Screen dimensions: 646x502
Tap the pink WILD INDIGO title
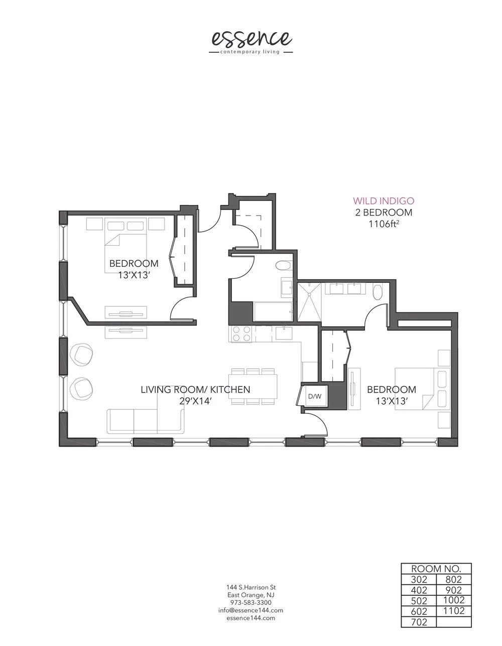click(x=384, y=201)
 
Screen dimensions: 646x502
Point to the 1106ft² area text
click(x=384, y=224)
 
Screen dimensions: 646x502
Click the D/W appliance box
click(x=315, y=396)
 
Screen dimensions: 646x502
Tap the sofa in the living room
click(x=145, y=421)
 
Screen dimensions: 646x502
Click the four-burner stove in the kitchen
click(x=241, y=334)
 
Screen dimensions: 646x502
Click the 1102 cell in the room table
click(x=454, y=611)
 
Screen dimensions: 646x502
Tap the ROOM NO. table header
click(x=436, y=569)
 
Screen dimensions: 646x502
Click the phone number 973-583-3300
click(x=250, y=602)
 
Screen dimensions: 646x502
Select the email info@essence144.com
click(x=250, y=610)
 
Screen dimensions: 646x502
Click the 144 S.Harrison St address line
click(x=250, y=587)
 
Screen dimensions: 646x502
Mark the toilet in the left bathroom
click(x=284, y=265)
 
